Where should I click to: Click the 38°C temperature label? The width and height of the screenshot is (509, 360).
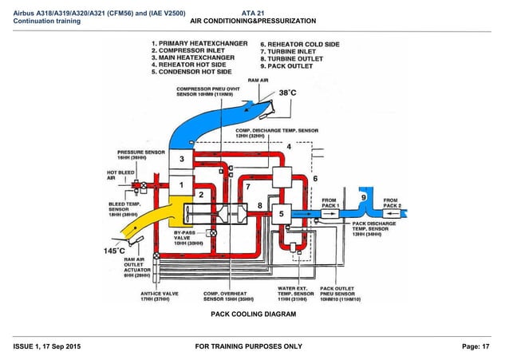coord(288,94)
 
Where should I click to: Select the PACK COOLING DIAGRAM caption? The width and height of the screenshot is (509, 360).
coord(254,315)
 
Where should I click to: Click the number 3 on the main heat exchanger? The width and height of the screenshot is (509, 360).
coord(181,160)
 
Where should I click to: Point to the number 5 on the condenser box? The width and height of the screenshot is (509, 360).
coord(281,213)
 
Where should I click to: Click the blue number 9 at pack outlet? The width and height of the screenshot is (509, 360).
coord(364,197)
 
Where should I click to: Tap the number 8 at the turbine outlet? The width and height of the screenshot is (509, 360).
coord(259,206)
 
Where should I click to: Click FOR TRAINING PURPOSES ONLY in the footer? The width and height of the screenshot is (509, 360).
coord(254,346)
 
